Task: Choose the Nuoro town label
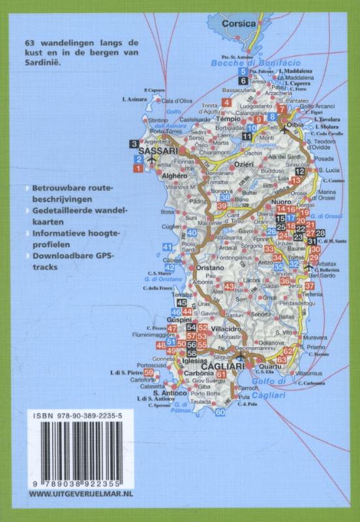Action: coord(262,204)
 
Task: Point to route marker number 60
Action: coord(220,412)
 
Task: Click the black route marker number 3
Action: coord(134,144)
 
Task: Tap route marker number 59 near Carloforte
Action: coord(149,373)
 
